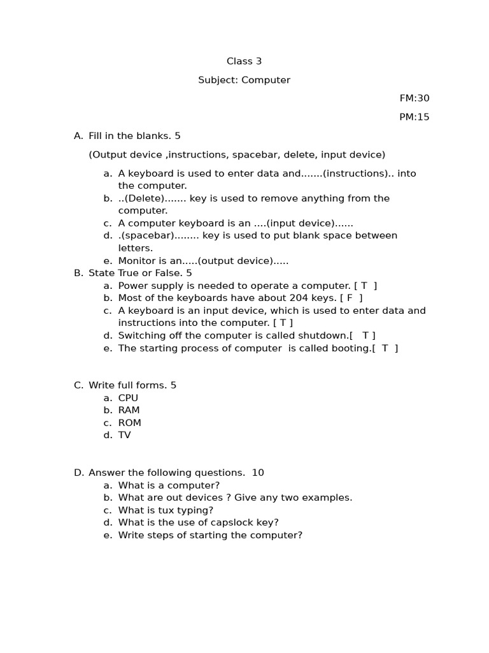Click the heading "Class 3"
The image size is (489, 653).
(244, 61)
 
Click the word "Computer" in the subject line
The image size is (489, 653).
(266, 80)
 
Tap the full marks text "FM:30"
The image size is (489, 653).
(415, 98)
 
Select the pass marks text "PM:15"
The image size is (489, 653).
(415, 117)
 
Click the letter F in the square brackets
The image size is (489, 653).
(350, 298)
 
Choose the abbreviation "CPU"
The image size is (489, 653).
(128, 398)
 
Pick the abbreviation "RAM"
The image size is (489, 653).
(129, 411)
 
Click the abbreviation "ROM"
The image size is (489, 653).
(129, 423)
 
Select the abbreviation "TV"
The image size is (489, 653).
(124, 436)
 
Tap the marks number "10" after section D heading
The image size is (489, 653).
(258, 473)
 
